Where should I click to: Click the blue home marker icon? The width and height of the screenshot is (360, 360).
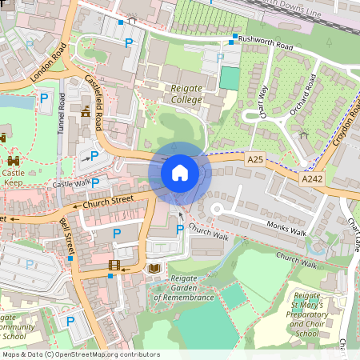pos(180,172)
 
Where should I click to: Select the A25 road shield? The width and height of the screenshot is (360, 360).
pos(255,160)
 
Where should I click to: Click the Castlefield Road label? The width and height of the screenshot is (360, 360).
pos(95,105)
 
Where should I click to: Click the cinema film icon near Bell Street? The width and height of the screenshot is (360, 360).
pos(114,266)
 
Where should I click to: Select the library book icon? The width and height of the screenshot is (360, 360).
pos(154,269)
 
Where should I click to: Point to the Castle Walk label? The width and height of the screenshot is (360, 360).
pos(72,185)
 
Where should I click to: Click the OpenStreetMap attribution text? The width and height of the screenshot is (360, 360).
pos(81,354)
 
